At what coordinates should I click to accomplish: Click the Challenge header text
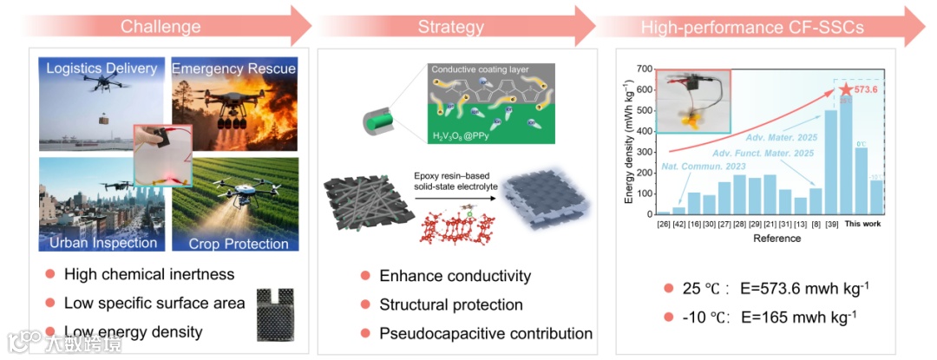pos(161,26)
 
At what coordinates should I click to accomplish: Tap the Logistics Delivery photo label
pos(102,69)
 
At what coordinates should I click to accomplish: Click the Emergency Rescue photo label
pos(234,69)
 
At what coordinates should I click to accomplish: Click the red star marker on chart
pos(846,88)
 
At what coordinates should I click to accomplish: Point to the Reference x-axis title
pos(776,238)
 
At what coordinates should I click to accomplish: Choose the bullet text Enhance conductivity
pos(455,277)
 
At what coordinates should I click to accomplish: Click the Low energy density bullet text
pos(133,331)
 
